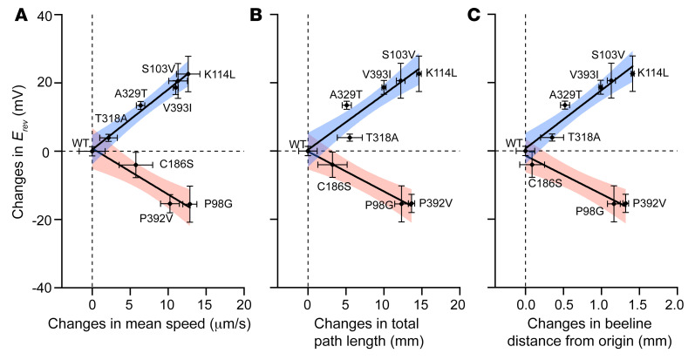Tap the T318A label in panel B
[383, 138]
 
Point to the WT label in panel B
[297, 143]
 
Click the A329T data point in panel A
[140, 105]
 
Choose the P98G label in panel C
[589, 210]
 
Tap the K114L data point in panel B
[419, 73]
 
